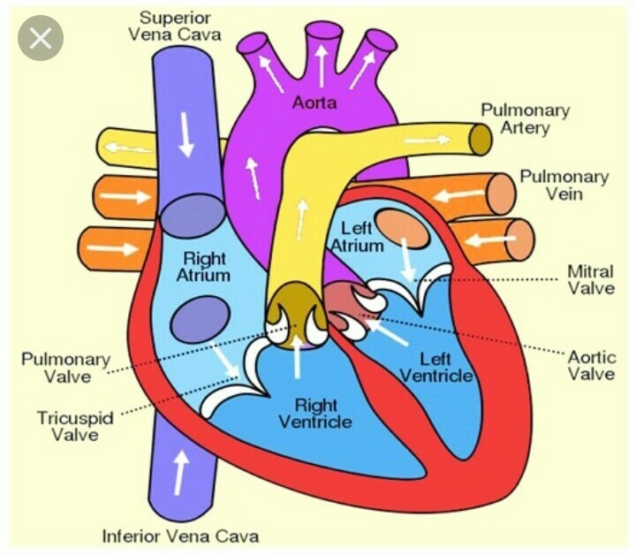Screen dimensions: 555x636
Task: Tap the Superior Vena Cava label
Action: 175,26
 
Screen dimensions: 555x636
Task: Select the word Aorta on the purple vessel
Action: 315,104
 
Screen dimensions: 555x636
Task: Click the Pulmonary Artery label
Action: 525,119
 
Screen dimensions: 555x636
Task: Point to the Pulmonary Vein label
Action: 564,185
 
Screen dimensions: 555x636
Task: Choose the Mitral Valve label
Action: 589,279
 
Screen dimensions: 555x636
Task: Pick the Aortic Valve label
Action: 590,365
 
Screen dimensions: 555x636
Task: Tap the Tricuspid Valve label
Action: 75,426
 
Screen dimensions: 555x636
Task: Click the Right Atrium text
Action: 204,267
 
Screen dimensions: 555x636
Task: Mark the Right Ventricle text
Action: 315,414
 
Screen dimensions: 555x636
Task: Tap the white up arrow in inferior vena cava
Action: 182,474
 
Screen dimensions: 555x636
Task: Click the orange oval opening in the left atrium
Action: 405,229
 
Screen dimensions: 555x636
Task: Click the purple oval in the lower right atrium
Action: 194,317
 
